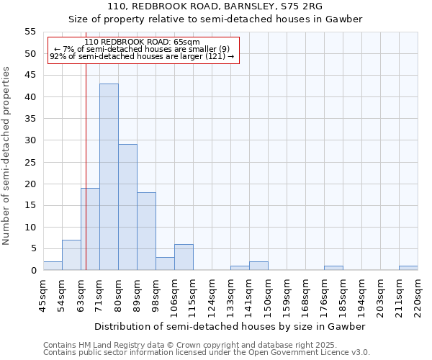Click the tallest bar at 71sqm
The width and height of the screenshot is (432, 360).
coord(109,177)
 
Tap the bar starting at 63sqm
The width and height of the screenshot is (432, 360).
coord(90,229)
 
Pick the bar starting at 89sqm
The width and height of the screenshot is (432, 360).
coord(146,231)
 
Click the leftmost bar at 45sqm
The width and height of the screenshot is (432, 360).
coord(53,266)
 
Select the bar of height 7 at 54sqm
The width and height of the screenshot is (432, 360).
coord(71,255)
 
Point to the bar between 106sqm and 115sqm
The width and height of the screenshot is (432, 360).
coord(184,257)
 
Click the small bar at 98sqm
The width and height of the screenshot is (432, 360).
coord(165,264)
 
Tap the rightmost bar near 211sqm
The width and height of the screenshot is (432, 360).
coord(408,268)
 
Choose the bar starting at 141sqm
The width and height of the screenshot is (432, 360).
coord(258,266)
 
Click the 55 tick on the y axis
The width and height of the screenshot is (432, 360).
coord(30,32)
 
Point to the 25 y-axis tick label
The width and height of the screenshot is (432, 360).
coord(30,162)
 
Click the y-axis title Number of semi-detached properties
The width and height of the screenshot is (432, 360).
coord(7,156)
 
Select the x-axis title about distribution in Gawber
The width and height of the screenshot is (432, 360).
coord(230,326)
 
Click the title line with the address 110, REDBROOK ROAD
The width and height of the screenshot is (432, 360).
coord(215,6)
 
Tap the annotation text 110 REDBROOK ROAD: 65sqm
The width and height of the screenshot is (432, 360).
coord(142,42)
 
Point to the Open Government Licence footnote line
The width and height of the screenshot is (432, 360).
coord(207,352)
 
